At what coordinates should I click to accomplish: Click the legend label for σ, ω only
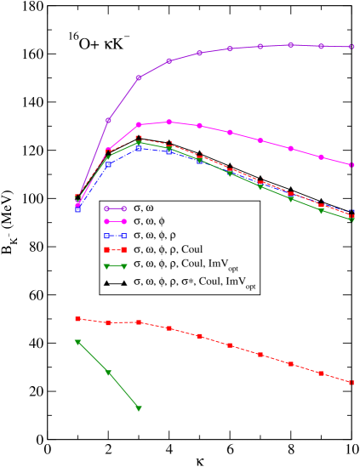[149, 208]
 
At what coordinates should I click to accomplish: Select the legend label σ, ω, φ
[154, 221]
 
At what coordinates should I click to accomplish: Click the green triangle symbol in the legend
[114, 265]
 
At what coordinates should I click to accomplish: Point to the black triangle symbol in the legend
[114, 282]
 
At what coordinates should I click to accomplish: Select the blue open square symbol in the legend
[114, 236]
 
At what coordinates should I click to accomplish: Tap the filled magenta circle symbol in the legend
[114, 221]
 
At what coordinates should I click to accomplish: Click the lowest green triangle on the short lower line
[139, 408]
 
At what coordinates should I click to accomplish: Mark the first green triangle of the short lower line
[77, 342]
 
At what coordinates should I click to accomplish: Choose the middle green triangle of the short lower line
[108, 373]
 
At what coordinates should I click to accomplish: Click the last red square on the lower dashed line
[351, 383]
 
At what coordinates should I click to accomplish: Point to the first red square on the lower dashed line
[77, 319]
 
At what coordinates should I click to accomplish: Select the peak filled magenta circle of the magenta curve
[169, 122]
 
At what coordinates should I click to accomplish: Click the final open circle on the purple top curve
[351, 47]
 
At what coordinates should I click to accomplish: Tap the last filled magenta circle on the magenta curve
[351, 165]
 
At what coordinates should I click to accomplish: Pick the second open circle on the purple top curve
[108, 120]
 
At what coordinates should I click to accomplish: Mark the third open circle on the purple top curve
[139, 77]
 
